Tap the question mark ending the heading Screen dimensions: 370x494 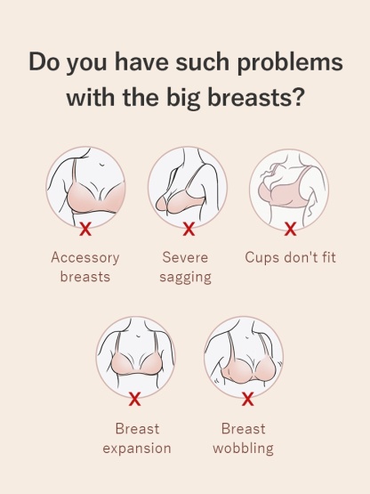click(x=299, y=97)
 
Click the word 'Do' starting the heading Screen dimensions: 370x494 click(x=44, y=61)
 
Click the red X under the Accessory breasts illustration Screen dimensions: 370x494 click(x=85, y=229)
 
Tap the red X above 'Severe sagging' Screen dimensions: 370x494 click(x=189, y=229)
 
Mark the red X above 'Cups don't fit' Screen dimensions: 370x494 click(x=290, y=229)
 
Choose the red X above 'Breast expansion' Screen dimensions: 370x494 click(x=135, y=399)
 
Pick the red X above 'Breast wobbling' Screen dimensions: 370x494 click(x=248, y=399)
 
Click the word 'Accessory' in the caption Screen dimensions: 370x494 click(x=85, y=258)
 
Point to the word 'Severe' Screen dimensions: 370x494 click(x=185, y=257)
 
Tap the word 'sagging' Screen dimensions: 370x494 click(x=185, y=278)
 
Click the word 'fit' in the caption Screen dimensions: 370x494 click(x=329, y=257)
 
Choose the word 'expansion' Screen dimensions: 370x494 click(x=137, y=449)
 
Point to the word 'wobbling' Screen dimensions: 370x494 click(x=243, y=449)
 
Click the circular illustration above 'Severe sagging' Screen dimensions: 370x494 click(x=188, y=187)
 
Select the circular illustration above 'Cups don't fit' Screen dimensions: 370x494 click(x=289, y=189)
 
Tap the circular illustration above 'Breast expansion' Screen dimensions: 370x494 click(x=136, y=357)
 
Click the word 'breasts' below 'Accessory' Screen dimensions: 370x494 click(x=85, y=277)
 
